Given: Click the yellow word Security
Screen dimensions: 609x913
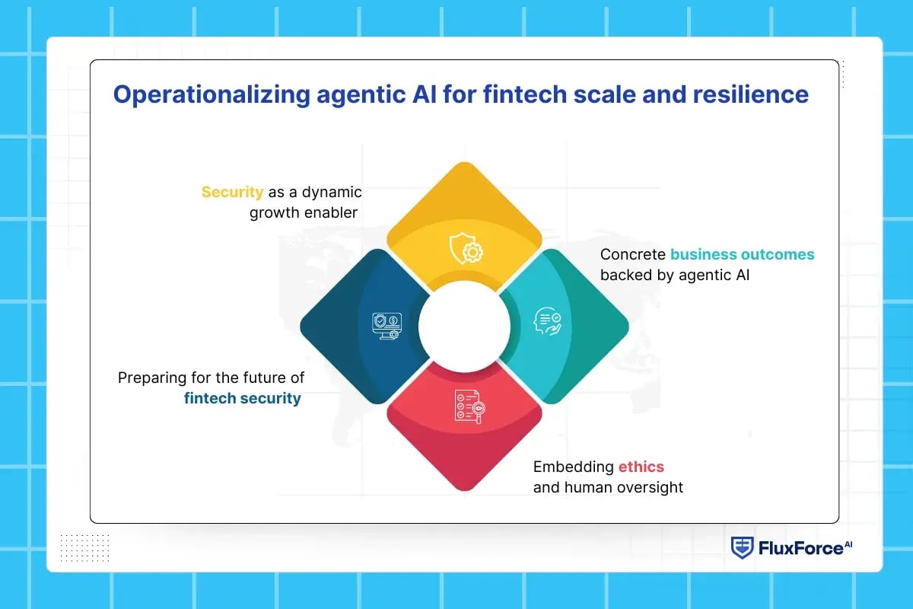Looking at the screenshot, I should pyautogui.click(x=232, y=192).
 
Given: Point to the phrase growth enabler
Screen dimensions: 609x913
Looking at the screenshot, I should pyautogui.click(x=304, y=212).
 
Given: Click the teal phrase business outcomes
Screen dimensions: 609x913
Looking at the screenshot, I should pyautogui.click(x=742, y=254).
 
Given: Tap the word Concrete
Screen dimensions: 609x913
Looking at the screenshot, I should pyautogui.click(x=632, y=254).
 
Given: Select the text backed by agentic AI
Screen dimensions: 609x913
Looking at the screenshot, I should pyautogui.click(x=675, y=275).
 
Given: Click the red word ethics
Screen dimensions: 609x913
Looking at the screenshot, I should pyautogui.click(x=641, y=467).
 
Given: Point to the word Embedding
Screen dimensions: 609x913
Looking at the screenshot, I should pyautogui.click(x=573, y=467).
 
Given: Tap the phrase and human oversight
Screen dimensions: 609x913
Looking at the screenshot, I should pyautogui.click(x=608, y=487).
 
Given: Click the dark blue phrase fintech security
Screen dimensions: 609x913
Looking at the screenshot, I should pyautogui.click(x=242, y=398).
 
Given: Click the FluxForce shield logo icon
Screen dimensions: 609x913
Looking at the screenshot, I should pyautogui.click(x=742, y=548).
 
